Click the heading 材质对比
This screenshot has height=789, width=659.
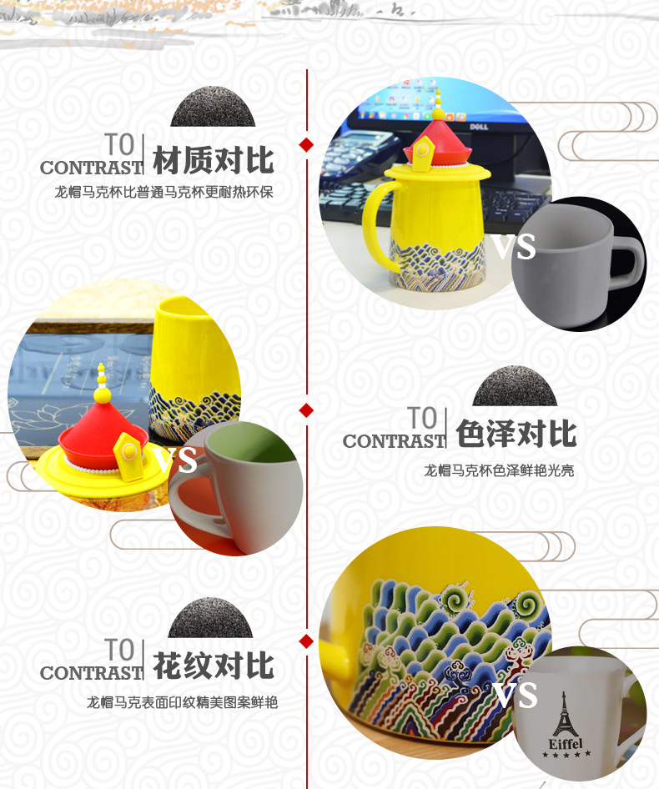(214, 161)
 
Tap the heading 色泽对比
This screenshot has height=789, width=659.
(516, 434)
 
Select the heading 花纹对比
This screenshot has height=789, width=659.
(214, 666)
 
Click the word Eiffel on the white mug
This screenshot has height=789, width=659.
(566, 743)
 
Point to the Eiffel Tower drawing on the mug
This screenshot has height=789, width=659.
(565, 715)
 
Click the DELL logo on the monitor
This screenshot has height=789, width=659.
(479, 126)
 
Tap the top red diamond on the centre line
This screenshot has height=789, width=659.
(306, 145)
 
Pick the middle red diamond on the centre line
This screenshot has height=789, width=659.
(306, 410)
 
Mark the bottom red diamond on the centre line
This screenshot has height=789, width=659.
(306, 641)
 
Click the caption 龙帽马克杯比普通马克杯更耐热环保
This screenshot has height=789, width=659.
(164, 192)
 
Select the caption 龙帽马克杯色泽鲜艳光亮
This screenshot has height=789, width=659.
(499, 470)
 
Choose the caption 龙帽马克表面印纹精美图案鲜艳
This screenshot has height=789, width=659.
(182, 702)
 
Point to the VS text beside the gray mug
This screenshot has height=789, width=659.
(513, 247)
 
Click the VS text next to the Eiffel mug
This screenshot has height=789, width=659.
(515, 695)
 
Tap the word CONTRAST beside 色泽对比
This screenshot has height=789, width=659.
(395, 441)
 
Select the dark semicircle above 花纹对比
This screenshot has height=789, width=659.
(210, 618)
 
